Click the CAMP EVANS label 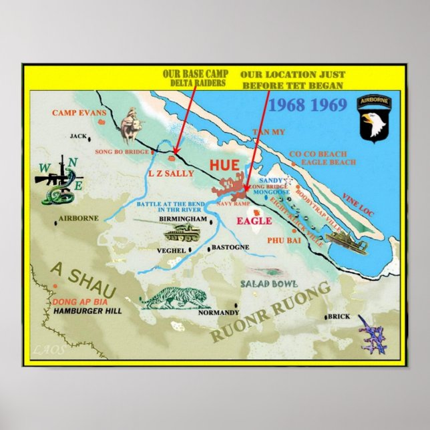click(79, 113)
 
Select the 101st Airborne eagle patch click(375, 119)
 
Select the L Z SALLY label click(170, 174)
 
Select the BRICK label click(339, 316)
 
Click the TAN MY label click(268, 132)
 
